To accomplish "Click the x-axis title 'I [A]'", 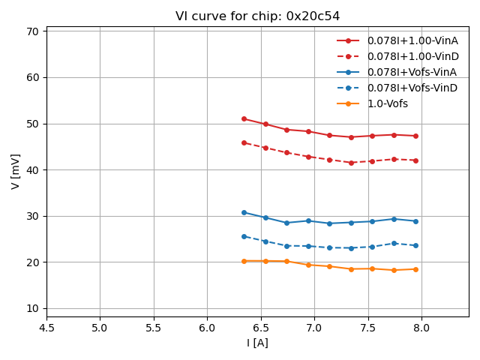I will [x=257, y=343].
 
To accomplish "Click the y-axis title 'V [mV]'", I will [x=16, y=171].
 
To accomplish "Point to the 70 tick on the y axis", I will [x=32, y=31].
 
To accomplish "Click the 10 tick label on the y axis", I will [x=32, y=308].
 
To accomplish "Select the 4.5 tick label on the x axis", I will [x=46, y=327].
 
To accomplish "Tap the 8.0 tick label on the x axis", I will [x=421, y=327].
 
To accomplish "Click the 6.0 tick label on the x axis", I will [x=207, y=327].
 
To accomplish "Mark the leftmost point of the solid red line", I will [x=244, y=118].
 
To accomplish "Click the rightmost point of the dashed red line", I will [x=415, y=160].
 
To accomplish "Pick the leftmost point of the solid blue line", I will [x=244, y=212].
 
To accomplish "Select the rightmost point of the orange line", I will [x=415, y=269].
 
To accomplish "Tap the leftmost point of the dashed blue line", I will [x=244, y=236].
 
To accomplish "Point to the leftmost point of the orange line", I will [x=244, y=261].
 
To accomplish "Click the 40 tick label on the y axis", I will [x=32, y=169].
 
